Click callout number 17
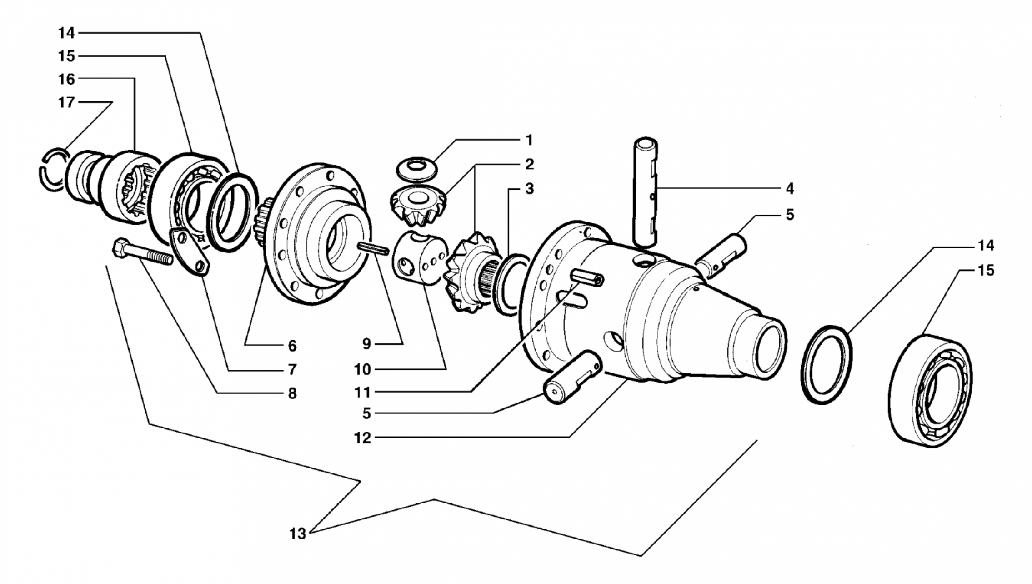tap(66, 102)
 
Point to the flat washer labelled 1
tap(416, 168)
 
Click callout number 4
tap(790, 188)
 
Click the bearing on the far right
tap(930, 391)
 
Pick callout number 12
tap(362, 438)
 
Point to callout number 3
tap(529, 188)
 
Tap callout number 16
tap(66, 79)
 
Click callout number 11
tap(362, 392)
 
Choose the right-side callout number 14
tap(986, 246)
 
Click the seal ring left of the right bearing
tap(827, 364)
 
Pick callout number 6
tap(292, 346)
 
